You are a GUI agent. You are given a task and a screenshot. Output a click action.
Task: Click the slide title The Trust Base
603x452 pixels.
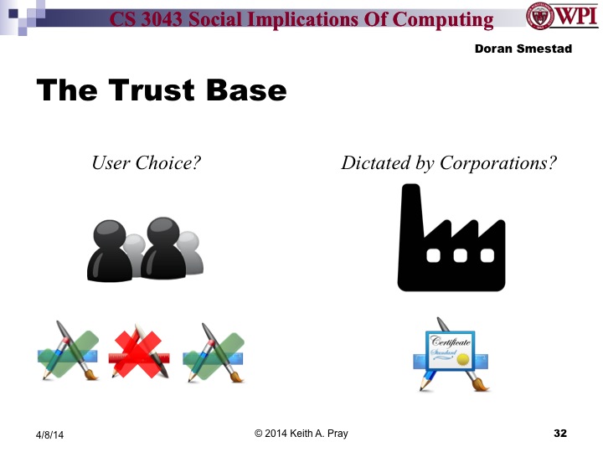[x=161, y=90]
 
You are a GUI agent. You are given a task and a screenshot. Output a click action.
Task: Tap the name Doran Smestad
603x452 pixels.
[x=523, y=49]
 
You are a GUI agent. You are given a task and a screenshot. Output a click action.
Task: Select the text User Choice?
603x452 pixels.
[x=146, y=162]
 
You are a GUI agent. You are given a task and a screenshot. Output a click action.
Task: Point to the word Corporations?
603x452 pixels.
[x=503, y=162]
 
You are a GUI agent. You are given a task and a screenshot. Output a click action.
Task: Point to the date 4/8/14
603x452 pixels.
[x=49, y=435]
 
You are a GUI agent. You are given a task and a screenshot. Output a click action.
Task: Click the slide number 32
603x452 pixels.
[x=560, y=434]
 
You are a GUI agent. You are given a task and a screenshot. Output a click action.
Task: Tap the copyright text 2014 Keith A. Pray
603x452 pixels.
[x=301, y=434]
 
